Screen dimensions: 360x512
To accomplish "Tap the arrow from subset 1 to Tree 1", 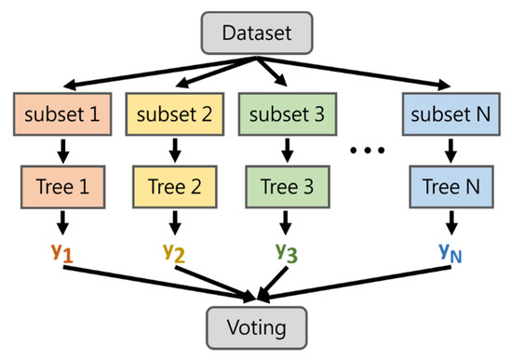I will point(61,150).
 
